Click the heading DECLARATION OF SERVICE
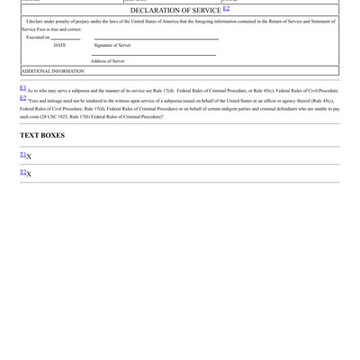[x=175, y=11]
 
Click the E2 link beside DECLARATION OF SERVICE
[x=226, y=9]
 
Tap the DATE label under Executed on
[x=59, y=45]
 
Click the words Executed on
[x=38, y=37]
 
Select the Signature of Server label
[x=112, y=45]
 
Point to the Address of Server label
[x=108, y=61]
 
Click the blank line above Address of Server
[x=153, y=56]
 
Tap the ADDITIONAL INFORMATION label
[x=52, y=70]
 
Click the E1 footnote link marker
[x=23, y=88]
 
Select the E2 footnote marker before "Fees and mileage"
[x=23, y=98]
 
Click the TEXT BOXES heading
[x=42, y=136]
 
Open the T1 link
[x=22, y=155]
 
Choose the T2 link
[x=22, y=172]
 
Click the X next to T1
[x=29, y=157]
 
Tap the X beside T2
[x=29, y=174]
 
